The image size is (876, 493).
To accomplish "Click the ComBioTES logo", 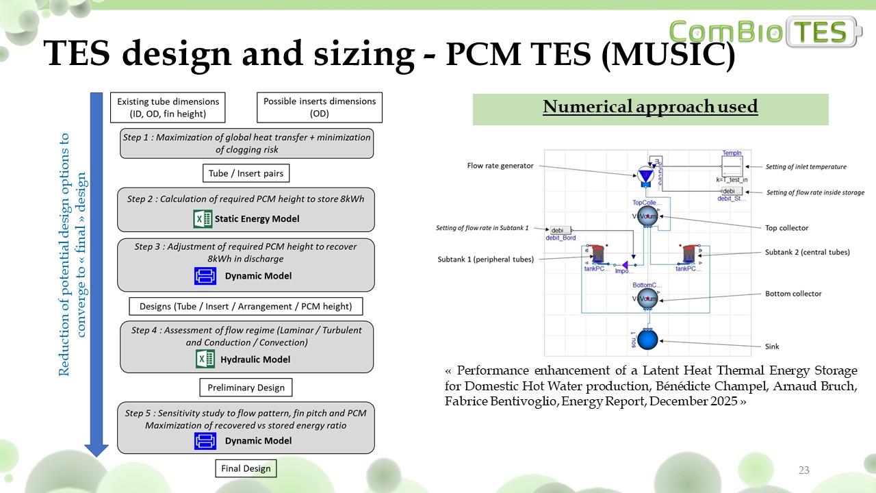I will coord(765,31).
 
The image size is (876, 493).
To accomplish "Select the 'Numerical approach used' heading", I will coord(650,107).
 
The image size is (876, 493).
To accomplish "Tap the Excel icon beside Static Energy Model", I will coord(203,219).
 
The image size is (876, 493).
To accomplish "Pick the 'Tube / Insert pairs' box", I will coord(246,173).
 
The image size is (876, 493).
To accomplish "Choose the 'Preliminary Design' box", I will coord(246,388).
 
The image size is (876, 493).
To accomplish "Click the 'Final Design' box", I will coord(246,469).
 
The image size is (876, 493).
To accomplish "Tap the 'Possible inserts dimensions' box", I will coord(320,108).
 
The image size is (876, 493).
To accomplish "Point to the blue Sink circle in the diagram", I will coord(647,340).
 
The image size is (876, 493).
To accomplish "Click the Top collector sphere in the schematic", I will coord(647,216).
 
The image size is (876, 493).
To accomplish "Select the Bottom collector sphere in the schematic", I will coord(647,299).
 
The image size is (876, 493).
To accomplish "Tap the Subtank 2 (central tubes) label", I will coord(808,252).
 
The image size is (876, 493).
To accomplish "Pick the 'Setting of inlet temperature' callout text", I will coord(806,166).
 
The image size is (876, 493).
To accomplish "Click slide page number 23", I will coord(803,470).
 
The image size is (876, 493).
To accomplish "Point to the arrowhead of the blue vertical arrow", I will coord(96,449).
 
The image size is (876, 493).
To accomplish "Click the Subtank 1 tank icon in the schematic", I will coord(598,254).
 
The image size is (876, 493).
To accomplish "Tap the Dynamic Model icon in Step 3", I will coord(205,276).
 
